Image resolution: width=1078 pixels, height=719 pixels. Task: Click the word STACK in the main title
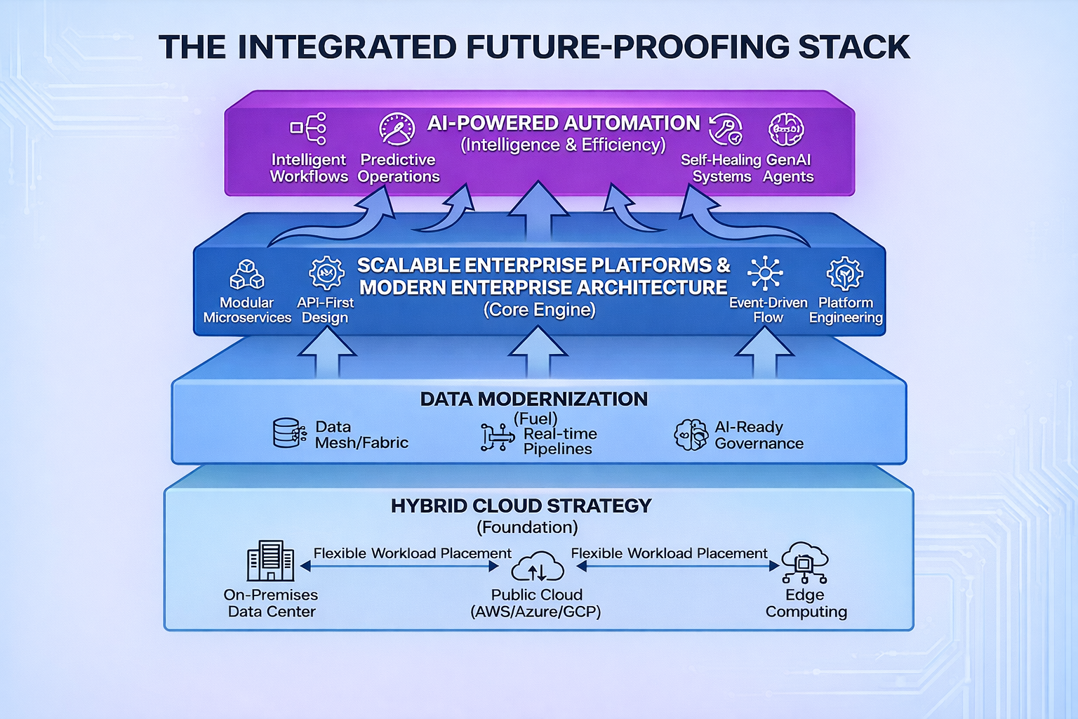(853, 48)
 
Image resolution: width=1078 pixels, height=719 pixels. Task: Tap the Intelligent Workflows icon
(309, 128)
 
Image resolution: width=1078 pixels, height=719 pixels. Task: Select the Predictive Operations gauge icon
(397, 129)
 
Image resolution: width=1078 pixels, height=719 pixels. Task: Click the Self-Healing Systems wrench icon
(726, 130)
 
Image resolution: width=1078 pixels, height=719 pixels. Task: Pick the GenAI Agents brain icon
(786, 129)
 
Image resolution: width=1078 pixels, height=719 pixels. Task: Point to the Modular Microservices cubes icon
(247, 275)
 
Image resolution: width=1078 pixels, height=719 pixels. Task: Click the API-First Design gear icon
(326, 273)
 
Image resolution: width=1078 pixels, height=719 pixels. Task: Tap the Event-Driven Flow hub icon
(765, 273)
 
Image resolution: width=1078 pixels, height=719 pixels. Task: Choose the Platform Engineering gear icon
(845, 273)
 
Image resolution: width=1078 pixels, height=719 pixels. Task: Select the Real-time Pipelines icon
(497, 437)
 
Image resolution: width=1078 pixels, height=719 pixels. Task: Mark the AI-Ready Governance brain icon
(691, 435)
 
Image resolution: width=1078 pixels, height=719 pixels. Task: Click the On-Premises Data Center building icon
(270, 560)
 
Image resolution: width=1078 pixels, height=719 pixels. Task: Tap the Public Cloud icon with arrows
(537, 567)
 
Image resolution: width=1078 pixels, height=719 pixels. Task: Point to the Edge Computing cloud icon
(804, 562)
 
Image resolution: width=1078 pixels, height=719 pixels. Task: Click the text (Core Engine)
(539, 310)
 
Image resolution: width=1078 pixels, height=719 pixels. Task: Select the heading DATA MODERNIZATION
(534, 399)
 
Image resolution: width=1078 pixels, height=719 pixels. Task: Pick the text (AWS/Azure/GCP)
(535, 612)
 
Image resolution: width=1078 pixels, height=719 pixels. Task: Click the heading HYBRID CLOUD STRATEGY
(521, 506)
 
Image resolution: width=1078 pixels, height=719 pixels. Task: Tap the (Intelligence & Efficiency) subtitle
(563, 145)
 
